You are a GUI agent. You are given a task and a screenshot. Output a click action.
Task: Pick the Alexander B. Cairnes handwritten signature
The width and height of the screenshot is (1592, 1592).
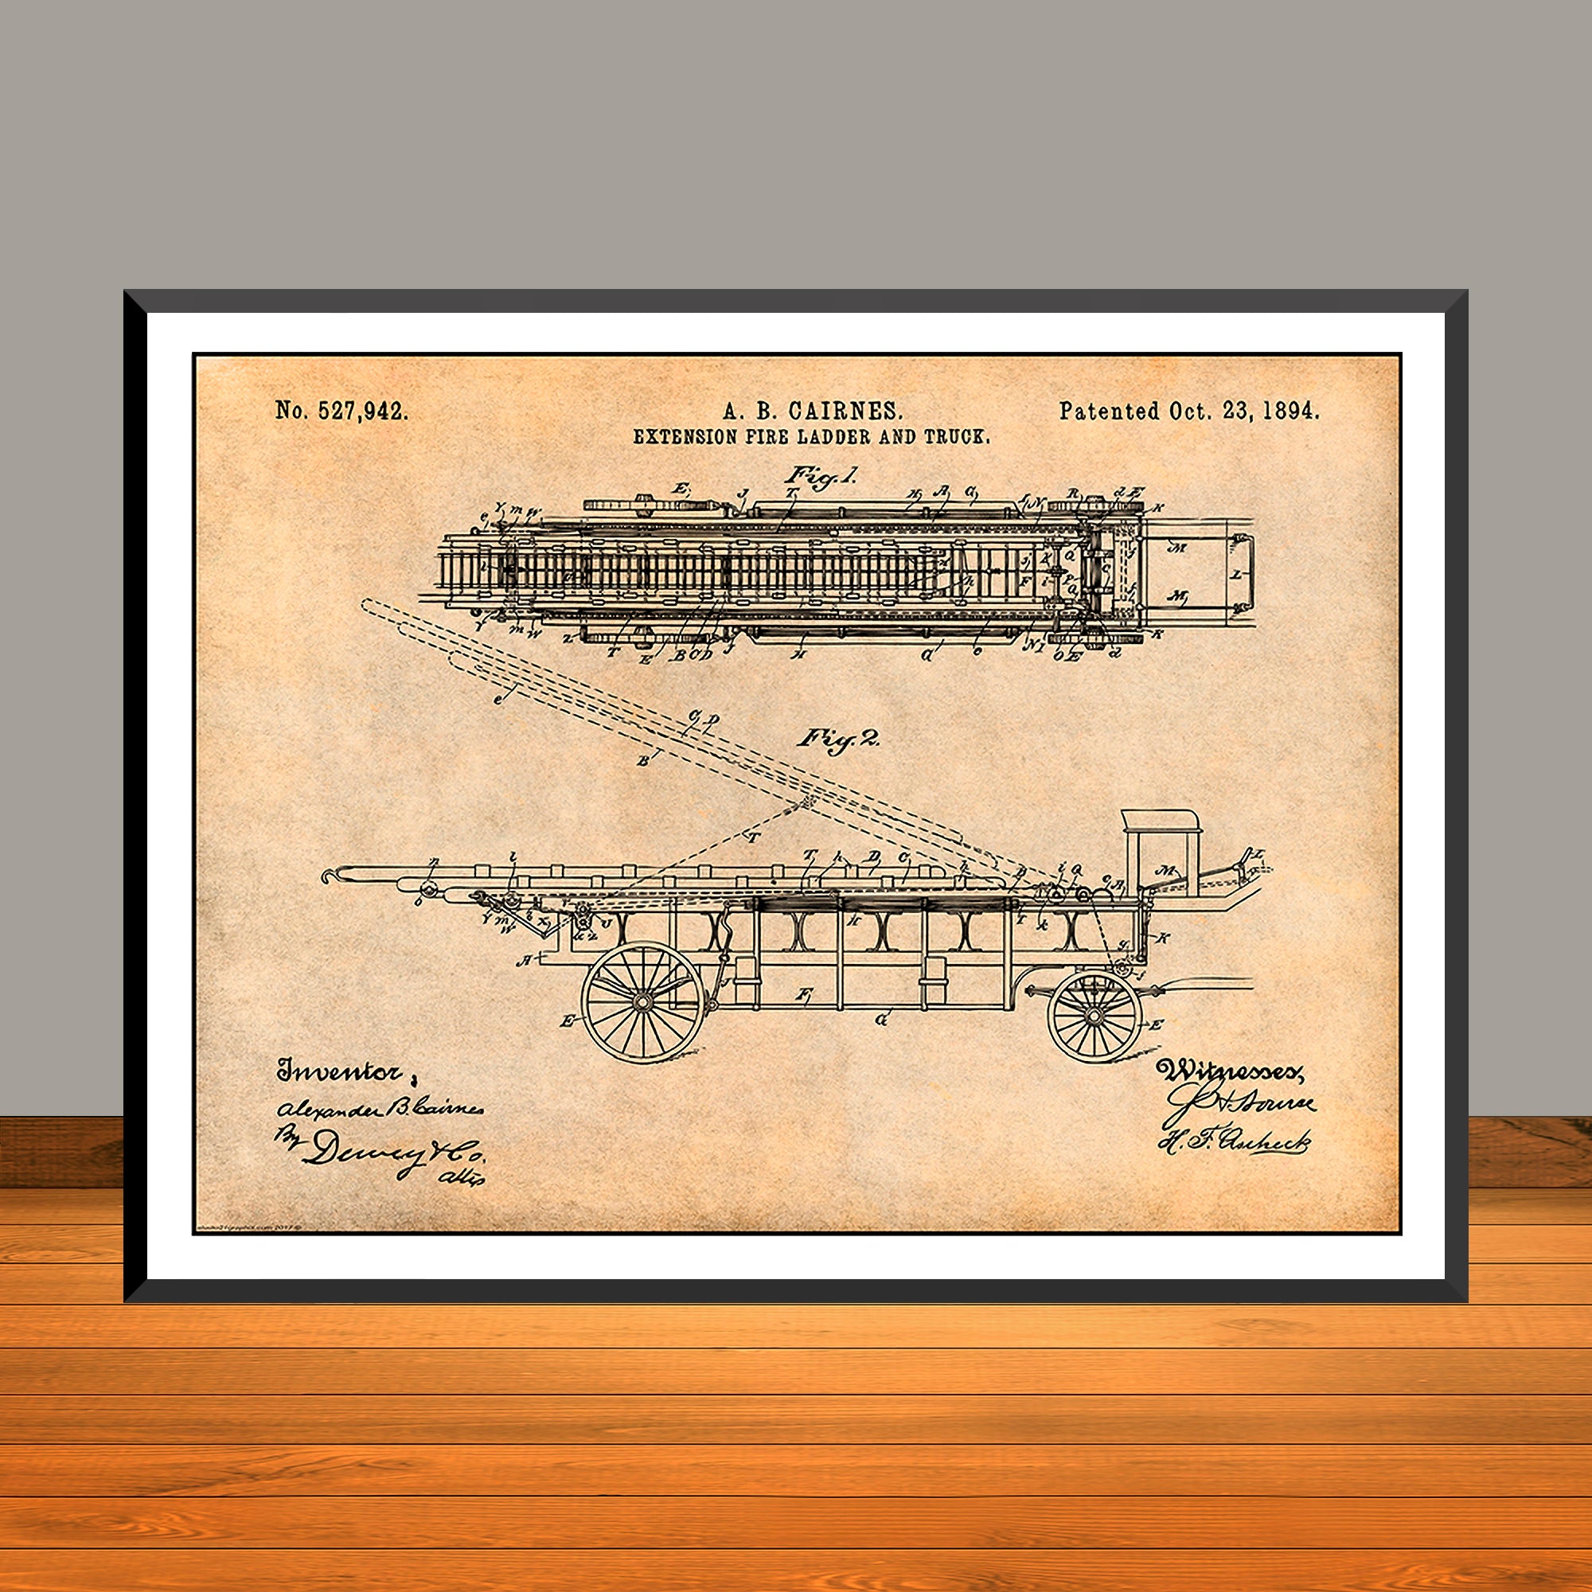[x=379, y=1109]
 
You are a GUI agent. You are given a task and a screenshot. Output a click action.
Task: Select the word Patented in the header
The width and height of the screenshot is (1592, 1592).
[x=1110, y=412]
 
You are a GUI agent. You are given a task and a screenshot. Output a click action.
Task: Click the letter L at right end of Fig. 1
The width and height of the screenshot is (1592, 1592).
[x=1236, y=576]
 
